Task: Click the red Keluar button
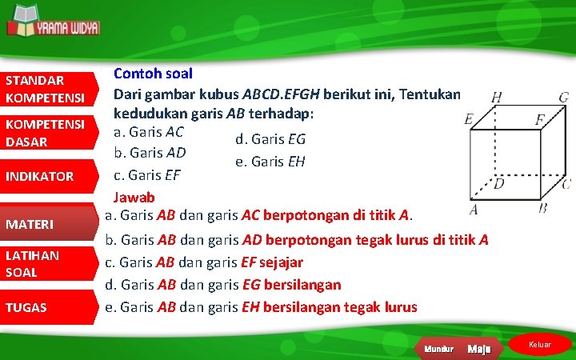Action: pos(541,345)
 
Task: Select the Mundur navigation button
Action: pos(438,349)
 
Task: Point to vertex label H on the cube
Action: pos(498,97)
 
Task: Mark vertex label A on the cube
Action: pos(474,210)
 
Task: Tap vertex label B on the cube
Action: pos(543,208)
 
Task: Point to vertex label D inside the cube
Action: pos(499,184)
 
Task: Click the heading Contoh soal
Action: pos(152,74)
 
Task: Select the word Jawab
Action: pos(134,196)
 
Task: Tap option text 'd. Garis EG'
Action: pos(270,139)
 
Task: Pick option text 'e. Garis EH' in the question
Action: pos(270,162)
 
